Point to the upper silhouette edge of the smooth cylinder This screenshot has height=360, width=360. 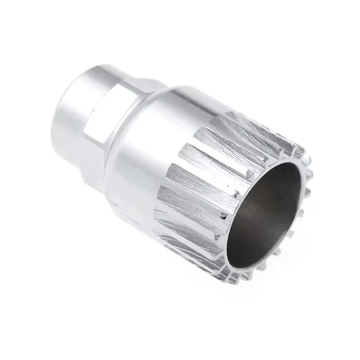(x=189, y=90)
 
